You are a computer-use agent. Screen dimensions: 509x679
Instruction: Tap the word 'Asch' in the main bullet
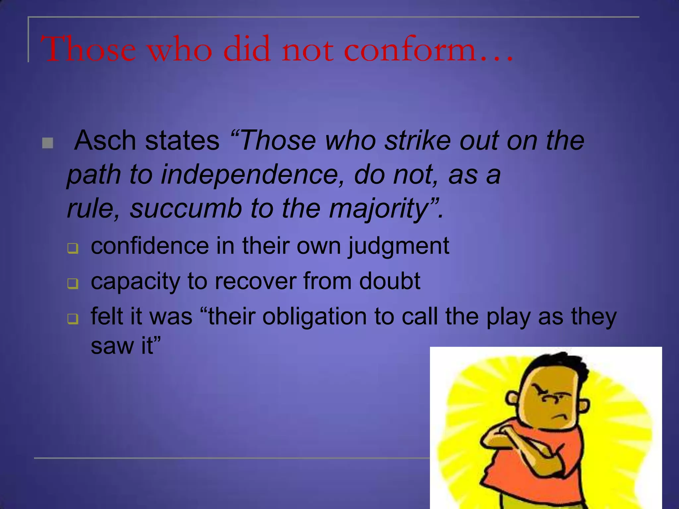pos(105,141)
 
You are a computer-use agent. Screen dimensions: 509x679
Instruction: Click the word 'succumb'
pos(186,209)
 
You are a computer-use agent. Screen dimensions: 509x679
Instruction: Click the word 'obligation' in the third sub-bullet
pos(315,317)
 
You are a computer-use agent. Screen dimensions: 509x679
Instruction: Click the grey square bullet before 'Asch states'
pos(48,143)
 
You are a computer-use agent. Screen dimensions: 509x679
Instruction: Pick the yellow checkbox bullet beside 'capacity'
pos(73,284)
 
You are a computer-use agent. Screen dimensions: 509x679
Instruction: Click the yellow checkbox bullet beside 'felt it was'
pos(73,319)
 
